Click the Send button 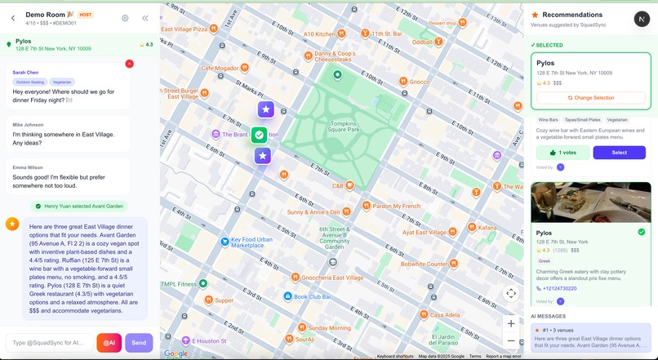click(x=139, y=343)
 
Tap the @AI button click(x=109, y=343)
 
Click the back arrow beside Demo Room click(x=13, y=18)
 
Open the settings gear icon click(x=125, y=18)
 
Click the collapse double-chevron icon click(x=145, y=18)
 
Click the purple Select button click(x=619, y=153)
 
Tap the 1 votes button click(x=562, y=153)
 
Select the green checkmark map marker click(x=259, y=135)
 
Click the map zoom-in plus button click(x=511, y=323)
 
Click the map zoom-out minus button click(x=511, y=340)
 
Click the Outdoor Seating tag click(x=30, y=82)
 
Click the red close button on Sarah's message click(x=129, y=64)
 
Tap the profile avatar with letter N click(x=641, y=19)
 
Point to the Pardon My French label click(x=396, y=207)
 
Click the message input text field click(x=49, y=343)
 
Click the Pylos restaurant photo click(x=591, y=202)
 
